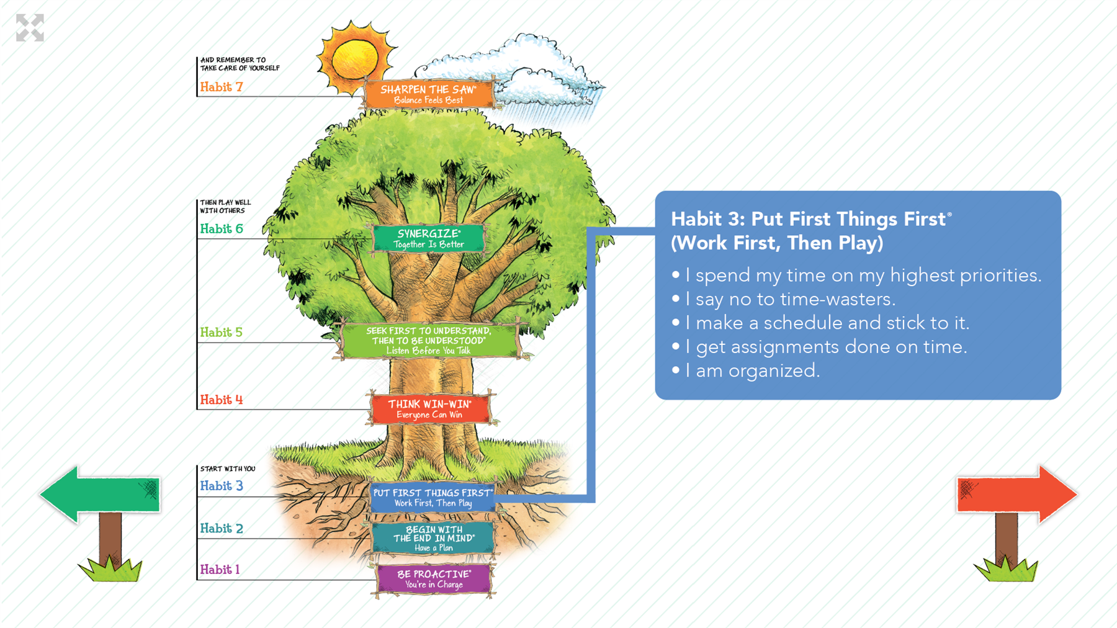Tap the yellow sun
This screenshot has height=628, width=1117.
tap(356, 59)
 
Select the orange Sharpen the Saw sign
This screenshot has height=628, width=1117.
tap(429, 94)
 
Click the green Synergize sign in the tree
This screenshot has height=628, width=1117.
tap(429, 238)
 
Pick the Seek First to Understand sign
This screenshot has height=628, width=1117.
tap(429, 340)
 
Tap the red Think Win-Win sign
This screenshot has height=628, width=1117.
tap(430, 409)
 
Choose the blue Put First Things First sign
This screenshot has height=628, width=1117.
tap(433, 498)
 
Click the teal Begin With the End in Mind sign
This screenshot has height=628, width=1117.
tap(434, 538)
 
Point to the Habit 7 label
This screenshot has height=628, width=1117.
tap(221, 87)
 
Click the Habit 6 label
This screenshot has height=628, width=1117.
tap(221, 229)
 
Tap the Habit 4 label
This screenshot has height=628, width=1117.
tap(221, 400)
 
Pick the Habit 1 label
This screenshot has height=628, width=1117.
tap(220, 570)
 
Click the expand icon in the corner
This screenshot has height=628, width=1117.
tap(30, 28)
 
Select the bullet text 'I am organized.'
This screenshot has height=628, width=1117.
tap(752, 370)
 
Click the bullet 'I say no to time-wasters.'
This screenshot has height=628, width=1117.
tap(790, 299)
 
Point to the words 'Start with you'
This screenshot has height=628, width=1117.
tap(228, 469)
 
